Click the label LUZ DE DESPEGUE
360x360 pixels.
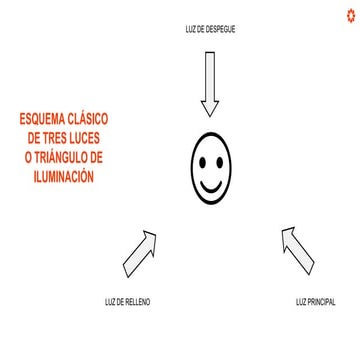tap(210, 29)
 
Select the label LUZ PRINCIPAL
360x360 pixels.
tap(315, 301)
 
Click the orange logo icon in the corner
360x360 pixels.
tap(350, 13)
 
